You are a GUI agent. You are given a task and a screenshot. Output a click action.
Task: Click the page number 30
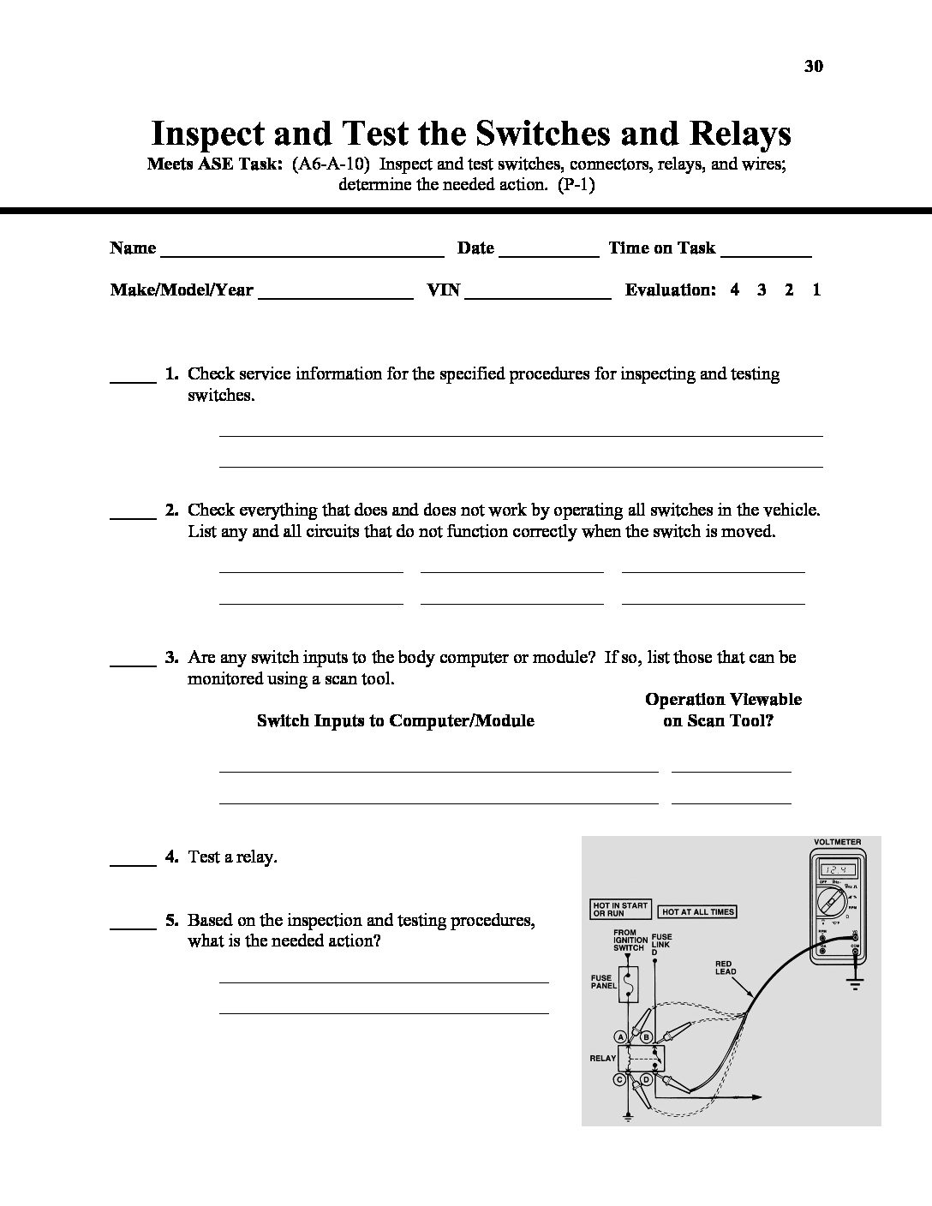click(814, 66)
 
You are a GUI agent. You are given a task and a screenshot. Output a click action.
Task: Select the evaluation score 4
click(735, 290)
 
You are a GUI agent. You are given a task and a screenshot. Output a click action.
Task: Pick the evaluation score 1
click(816, 290)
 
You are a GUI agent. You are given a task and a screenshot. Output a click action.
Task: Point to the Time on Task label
click(661, 248)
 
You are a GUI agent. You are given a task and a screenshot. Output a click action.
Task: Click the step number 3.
click(171, 657)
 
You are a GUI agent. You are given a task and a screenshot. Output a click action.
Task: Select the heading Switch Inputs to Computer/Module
click(395, 720)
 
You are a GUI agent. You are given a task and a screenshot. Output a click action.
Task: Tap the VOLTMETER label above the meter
click(837, 842)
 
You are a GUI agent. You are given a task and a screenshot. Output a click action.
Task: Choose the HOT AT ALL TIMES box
click(698, 912)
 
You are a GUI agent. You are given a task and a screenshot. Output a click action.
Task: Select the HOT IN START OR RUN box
click(621, 909)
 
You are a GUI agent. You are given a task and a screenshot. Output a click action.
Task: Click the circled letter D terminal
click(647, 1079)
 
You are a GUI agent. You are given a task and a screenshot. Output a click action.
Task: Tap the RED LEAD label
click(725, 969)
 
